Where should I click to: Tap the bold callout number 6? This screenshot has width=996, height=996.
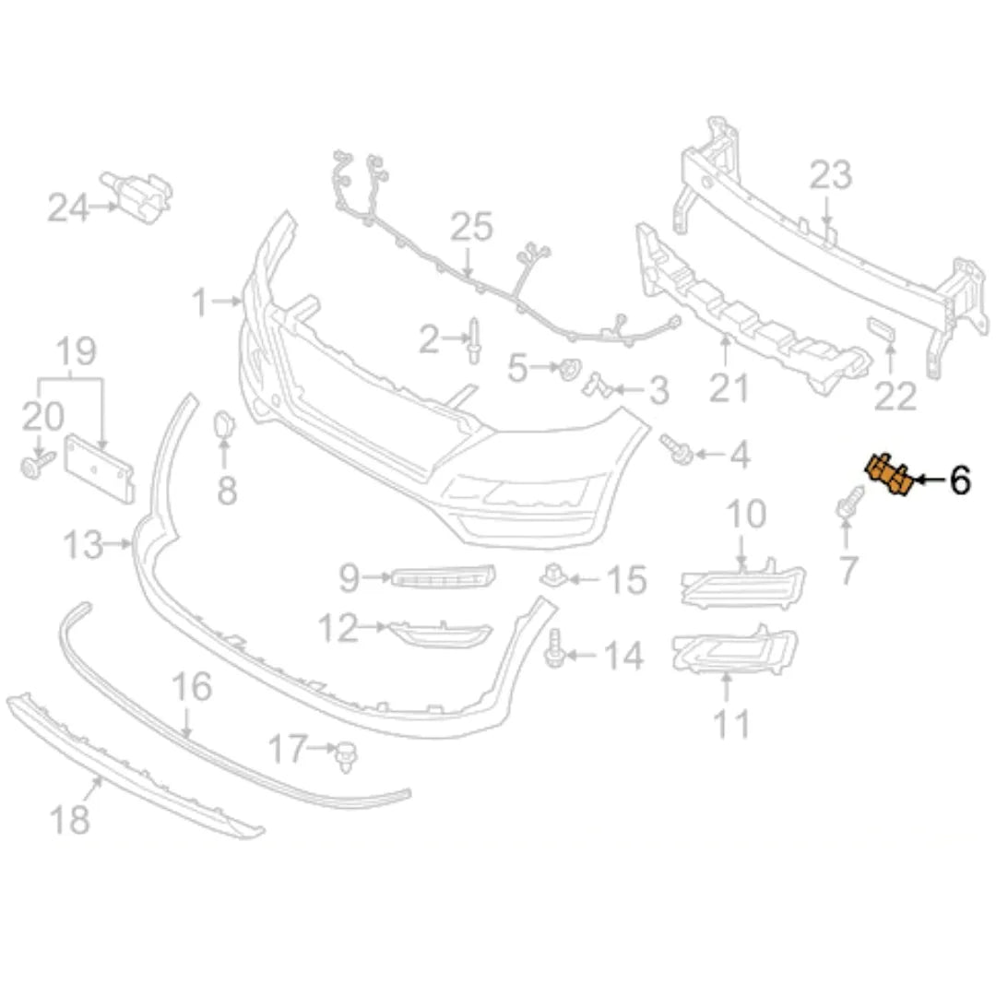[959, 480]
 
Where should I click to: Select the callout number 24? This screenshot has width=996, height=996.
[68, 207]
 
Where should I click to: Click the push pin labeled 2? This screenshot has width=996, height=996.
[474, 340]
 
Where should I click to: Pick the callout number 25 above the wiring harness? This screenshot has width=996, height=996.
[471, 228]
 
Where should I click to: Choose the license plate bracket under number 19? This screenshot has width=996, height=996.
[100, 468]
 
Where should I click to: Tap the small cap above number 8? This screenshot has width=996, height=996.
[223, 425]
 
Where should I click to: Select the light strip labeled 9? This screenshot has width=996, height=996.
[443, 576]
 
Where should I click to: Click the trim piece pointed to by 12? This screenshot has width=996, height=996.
[440, 634]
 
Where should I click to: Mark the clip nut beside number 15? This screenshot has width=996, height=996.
[553, 575]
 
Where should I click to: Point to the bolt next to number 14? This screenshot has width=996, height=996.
[555, 648]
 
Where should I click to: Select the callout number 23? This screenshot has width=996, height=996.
[830, 174]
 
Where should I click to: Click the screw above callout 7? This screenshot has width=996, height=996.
[848, 502]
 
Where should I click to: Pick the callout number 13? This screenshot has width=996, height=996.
[83, 545]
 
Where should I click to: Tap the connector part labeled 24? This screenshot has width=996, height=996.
[137, 196]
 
